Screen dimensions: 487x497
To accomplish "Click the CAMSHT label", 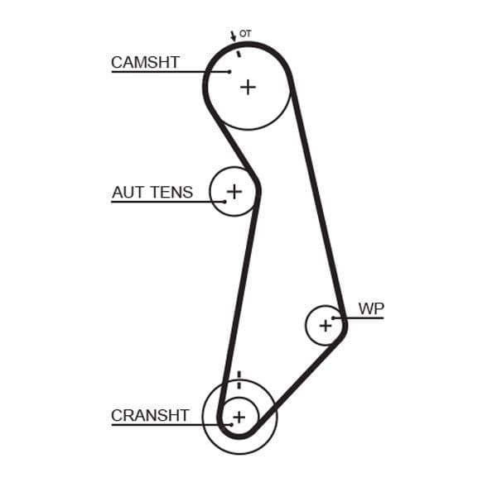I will [145, 62].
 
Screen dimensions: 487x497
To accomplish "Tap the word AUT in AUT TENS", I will [128, 193].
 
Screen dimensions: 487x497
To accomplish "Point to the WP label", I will [371, 308].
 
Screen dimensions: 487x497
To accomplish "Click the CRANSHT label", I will [150, 416].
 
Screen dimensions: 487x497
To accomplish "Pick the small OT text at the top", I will [245, 34].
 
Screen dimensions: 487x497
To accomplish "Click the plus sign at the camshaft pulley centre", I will [248, 87].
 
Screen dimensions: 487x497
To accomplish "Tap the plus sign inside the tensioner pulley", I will [234, 192].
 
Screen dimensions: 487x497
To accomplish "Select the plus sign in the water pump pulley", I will [325, 326].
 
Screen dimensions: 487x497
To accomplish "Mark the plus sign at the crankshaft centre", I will [239, 418].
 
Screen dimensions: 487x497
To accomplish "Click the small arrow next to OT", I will [233, 36].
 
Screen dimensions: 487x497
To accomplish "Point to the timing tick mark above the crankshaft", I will [239, 380].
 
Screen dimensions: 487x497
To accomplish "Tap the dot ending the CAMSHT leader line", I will [229, 72].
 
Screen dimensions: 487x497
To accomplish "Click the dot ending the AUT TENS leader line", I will [224, 202].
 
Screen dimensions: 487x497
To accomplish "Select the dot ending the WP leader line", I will [334, 318].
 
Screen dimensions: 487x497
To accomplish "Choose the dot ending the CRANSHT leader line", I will [231, 425].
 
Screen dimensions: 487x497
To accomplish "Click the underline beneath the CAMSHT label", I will [166, 72].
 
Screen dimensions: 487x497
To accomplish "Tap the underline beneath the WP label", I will [364, 318].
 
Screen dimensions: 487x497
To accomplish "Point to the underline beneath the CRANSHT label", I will [166, 425].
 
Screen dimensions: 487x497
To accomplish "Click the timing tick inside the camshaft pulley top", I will [239, 54].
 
